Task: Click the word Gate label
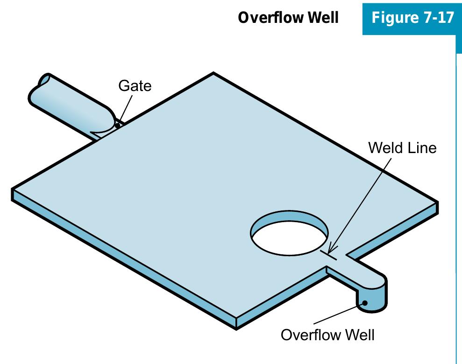[135, 86]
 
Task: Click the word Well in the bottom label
[359, 335]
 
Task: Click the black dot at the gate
[117, 125]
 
